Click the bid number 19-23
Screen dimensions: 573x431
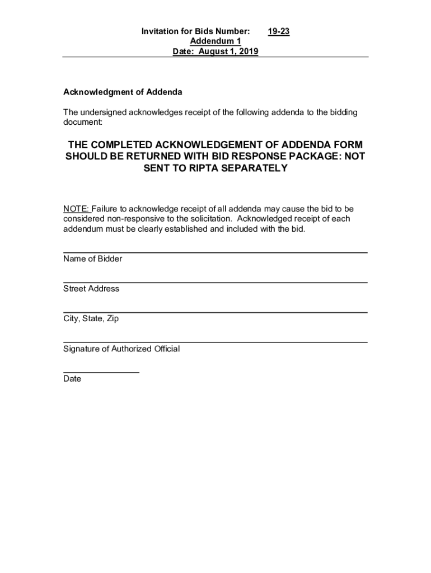point(278,32)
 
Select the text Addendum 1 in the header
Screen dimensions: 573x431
point(215,42)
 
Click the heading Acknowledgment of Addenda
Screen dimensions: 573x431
point(123,92)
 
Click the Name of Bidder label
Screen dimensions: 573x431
point(92,259)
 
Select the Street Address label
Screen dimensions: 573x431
point(91,289)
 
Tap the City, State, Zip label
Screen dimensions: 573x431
point(91,319)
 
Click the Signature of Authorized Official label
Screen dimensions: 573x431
point(121,349)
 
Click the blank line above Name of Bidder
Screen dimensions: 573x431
point(215,253)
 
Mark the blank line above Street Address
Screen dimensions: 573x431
point(215,283)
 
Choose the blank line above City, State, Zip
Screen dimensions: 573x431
point(215,312)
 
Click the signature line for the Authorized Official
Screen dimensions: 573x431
point(215,342)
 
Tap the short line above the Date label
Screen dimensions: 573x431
point(101,372)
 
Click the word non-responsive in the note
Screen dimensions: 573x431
point(126,219)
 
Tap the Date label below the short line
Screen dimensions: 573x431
point(72,379)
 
